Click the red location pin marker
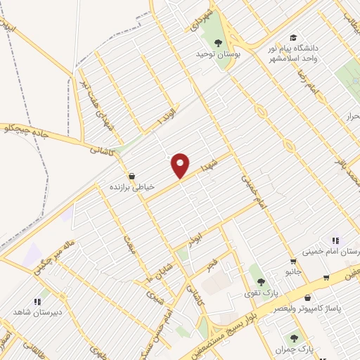click(x=181, y=165)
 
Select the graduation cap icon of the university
click(x=292, y=38)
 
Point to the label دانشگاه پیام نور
click(x=293, y=49)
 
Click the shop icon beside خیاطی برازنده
click(x=131, y=176)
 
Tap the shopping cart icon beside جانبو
click(x=293, y=261)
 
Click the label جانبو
click(x=293, y=271)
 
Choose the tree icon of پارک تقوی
click(x=261, y=281)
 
